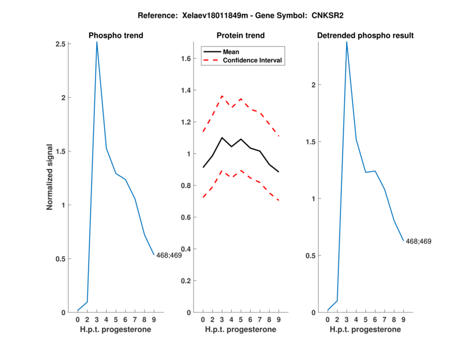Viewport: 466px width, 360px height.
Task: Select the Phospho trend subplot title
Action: pos(116,36)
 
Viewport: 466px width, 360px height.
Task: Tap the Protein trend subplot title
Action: pos(241,36)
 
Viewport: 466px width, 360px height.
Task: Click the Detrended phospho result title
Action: pos(365,36)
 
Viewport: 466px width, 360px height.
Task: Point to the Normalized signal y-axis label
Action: pos(51,177)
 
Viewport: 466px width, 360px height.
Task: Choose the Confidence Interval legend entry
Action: pos(253,60)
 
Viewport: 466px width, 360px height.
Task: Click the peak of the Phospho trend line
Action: pos(97,42)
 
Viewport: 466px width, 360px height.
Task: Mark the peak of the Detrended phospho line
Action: pos(347,42)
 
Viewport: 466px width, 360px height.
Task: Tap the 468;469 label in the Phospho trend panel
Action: pos(169,255)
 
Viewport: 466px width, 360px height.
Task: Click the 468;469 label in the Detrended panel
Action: pos(418,241)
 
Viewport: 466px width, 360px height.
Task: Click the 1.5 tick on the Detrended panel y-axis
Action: pos(315,142)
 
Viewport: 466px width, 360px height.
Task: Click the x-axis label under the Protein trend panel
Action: pos(241,330)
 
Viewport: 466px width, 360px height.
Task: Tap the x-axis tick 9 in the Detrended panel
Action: pos(403,319)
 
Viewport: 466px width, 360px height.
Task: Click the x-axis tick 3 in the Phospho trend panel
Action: pos(97,319)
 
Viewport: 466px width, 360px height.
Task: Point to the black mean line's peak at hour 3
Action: pos(222,137)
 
